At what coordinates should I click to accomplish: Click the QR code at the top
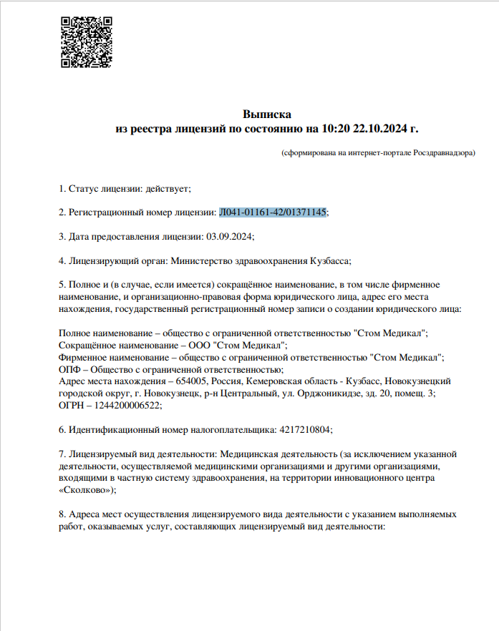(85, 41)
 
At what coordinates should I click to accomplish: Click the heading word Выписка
(267, 114)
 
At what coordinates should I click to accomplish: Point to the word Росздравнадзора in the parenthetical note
(444, 152)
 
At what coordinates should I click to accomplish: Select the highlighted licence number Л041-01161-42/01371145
(273, 212)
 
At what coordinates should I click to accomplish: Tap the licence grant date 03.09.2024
(229, 236)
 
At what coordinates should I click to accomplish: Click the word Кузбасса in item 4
(329, 260)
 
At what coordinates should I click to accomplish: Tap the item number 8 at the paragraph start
(61, 514)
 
